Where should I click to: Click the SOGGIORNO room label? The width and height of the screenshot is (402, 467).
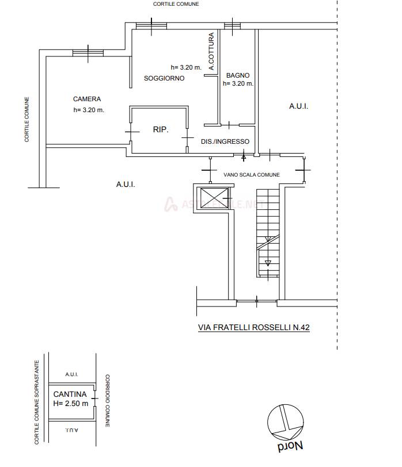click(x=164, y=78)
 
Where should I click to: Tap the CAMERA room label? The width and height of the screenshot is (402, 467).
click(x=87, y=99)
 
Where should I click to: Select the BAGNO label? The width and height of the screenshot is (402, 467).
click(x=238, y=75)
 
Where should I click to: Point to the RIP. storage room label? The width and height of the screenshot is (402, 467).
click(x=161, y=129)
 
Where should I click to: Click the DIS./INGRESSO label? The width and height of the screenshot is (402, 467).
click(x=225, y=141)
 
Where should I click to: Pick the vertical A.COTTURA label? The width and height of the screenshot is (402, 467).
click(x=211, y=51)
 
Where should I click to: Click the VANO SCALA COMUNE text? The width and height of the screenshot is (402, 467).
click(x=252, y=175)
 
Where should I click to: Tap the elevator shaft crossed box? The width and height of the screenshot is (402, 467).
click(x=214, y=198)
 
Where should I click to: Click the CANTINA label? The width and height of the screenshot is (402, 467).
click(x=70, y=394)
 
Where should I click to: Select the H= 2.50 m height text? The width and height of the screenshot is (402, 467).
click(x=71, y=404)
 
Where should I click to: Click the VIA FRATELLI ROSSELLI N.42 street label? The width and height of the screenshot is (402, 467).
click(x=254, y=327)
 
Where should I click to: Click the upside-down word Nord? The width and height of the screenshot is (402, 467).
click(x=290, y=446)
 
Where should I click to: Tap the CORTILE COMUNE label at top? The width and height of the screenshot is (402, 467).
click(x=176, y=4)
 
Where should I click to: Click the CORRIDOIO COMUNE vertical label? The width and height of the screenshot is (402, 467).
click(x=107, y=401)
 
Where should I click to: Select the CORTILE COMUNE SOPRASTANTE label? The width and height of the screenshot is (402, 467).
click(x=37, y=403)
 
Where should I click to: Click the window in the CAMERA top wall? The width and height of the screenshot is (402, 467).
click(x=88, y=53)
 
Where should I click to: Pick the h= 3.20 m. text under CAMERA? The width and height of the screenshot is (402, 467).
click(x=89, y=110)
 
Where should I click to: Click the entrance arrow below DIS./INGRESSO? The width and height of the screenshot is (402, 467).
click(x=244, y=156)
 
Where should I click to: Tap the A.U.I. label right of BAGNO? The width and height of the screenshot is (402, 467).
click(x=298, y=106)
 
